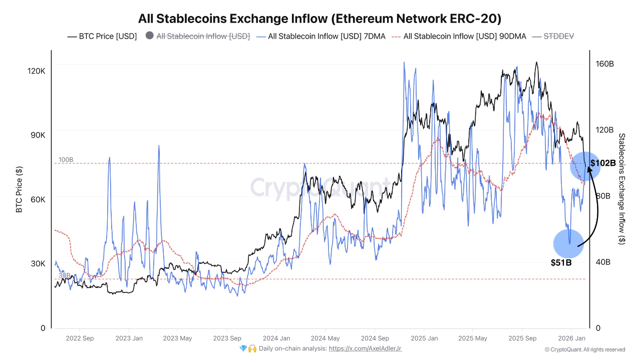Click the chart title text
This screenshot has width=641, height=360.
pos(320,19)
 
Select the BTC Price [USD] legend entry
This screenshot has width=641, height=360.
pos(102,37)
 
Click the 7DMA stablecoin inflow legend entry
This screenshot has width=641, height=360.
pos(320,37)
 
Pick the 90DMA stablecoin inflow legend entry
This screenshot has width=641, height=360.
pos(459,37)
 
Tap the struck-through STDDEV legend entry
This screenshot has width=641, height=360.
pos(553,37)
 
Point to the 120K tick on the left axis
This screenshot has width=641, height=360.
pos(36,71)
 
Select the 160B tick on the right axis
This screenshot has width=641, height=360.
pos(604,64)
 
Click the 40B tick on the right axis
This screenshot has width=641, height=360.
pos(604,262)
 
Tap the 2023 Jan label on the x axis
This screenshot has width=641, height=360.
pos(129,338)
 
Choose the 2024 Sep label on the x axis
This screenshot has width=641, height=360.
pos(375,338)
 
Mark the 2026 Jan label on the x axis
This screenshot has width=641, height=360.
pos(572,338)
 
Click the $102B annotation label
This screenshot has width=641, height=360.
pos(602,163)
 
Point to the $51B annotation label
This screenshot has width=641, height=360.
pos(561,262)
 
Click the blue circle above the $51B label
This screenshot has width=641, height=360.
pos(568,244)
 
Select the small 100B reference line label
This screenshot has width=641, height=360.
pos(66,160)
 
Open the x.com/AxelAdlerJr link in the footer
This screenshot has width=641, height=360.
pos(365,348)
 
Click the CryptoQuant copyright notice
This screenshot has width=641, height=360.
pos(584,349)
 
